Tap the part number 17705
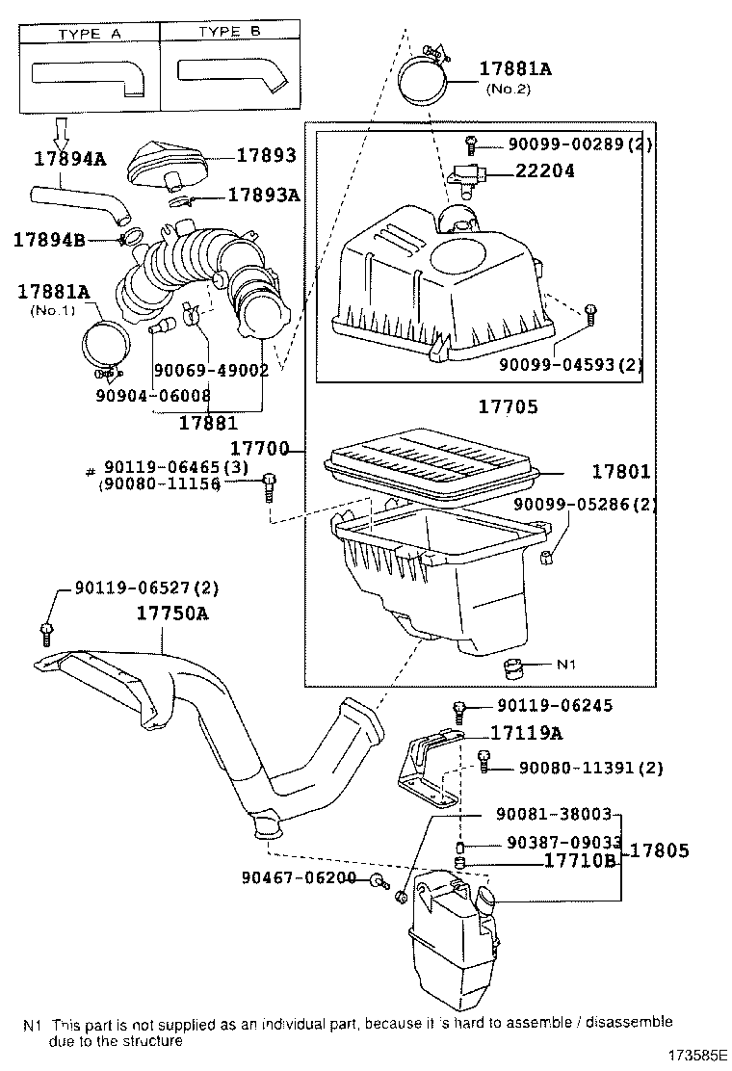pos(508,407)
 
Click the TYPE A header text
pos(90,33)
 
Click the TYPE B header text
pos(229,32)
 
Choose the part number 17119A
pos(526,733)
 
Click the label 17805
pos(660,850)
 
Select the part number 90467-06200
pos(300,878)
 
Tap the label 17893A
pos(264,195)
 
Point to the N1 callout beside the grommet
pos(567,665)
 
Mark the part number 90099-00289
pos(556,145)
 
